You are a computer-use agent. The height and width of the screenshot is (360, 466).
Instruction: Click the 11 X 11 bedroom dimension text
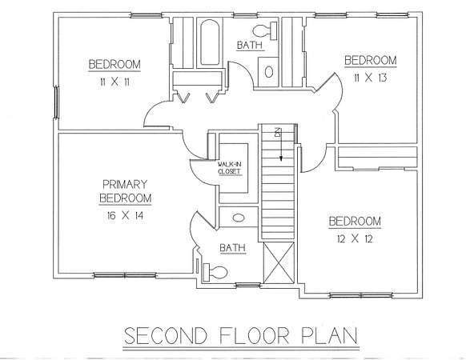point(114,82)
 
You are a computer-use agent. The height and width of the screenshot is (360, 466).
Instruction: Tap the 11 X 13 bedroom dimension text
point(370,78)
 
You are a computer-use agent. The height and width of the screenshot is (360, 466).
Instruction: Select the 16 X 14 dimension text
point(125,215)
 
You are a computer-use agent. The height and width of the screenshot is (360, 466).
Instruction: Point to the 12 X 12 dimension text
point(355,238)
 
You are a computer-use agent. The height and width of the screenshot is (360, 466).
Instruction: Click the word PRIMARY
point(125,185)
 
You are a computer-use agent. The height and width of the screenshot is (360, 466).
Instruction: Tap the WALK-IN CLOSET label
point(229,168)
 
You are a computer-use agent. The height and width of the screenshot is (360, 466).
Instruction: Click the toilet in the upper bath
point(265,30)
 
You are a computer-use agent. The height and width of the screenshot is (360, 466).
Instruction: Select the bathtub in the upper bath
point(210,42)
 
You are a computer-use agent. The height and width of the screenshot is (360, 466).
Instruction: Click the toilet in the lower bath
point(215,272)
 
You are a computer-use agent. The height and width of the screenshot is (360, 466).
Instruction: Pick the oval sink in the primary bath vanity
point(239,218)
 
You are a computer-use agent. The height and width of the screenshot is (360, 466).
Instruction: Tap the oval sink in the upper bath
point(269,72)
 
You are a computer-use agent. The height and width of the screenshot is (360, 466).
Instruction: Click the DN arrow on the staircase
point(281,144)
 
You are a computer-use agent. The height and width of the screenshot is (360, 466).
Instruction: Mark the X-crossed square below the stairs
point(279,262)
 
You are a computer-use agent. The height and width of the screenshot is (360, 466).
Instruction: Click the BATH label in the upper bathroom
point(250,46)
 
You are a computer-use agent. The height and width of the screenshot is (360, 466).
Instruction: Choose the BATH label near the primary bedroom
point(233,248)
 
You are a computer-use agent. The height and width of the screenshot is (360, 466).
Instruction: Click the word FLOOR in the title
point(255,336)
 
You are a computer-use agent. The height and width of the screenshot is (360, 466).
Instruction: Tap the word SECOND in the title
point(166,336)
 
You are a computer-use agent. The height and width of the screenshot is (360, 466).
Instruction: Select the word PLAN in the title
point(330,336)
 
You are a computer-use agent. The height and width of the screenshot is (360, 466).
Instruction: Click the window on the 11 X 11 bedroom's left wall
point(56,102)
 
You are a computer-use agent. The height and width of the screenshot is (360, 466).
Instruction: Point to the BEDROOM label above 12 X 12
point(355,222)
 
